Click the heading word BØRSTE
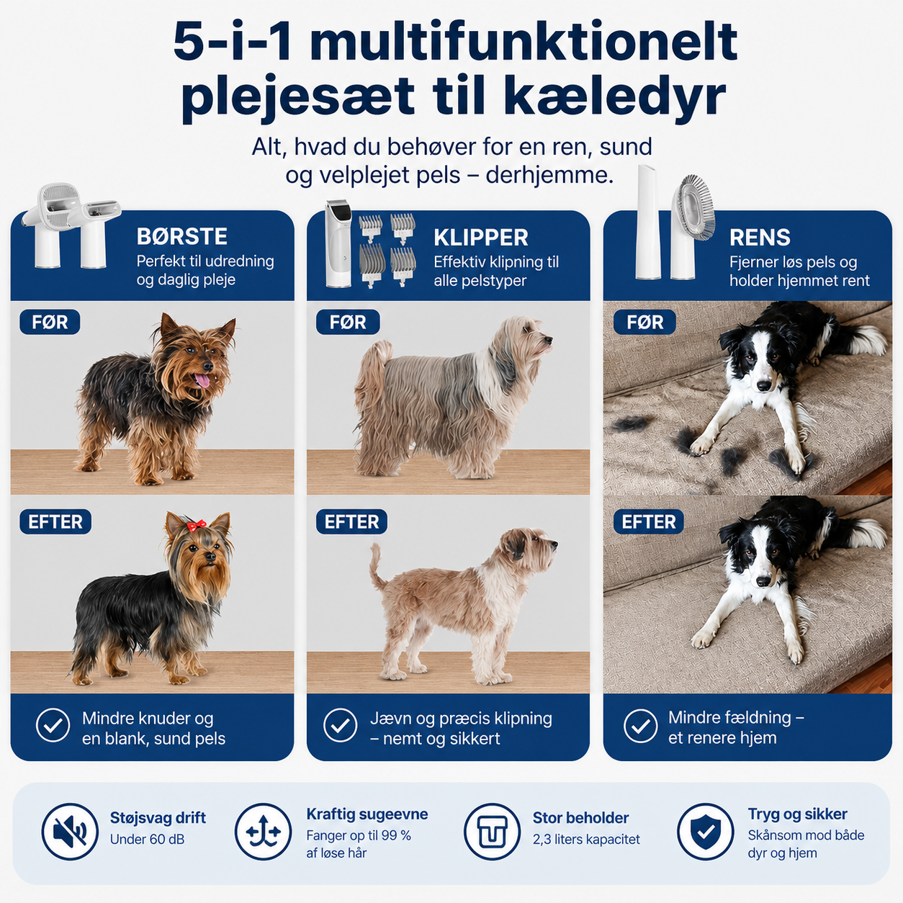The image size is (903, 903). [x=181, y=236]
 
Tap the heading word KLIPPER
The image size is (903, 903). [x=481, y=238]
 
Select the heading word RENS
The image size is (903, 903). [x=760, y=238]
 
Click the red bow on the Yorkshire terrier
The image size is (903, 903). [x=197, y=525]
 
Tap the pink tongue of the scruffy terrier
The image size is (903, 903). [x=202, y=379]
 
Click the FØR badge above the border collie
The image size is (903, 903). [x=644, y=322]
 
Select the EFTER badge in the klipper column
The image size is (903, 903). [x=351, y=521]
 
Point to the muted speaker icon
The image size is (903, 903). [x=70, y=832]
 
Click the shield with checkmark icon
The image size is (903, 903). [x=705, y=832]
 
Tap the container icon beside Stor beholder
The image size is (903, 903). [x=492, y=832]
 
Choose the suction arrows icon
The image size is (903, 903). [x=264, y=832]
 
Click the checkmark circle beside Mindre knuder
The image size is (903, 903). [x=53, y=725]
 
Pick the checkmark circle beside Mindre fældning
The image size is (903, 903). [x=640, y=725]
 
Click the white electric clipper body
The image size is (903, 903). [x=338, y=243]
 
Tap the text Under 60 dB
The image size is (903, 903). [x=147, y=839]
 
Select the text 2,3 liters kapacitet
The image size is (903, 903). [x=586, y=839]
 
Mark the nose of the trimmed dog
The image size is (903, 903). [x=554, y=544]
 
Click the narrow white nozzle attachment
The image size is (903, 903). [x=647, y=223]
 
